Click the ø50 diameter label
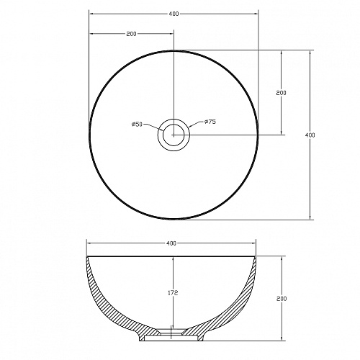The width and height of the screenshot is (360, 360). pyautogui.click(x=137, y=124)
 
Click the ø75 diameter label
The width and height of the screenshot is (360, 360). pyautogui.click(x=210, y=122)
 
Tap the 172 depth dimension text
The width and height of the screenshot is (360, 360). pyautogui.click(x=173, y=293)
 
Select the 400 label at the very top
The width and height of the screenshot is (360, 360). pyautogui.click(x=174, y=14)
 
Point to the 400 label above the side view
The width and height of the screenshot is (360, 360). pyautogui.click(x=171, y=243)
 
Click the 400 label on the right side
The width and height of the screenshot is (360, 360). pyautogui.click(x=310, y=135)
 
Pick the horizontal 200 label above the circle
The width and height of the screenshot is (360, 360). pyautogui.click(x=131, y=34)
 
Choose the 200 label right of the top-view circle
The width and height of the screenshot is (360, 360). pyautogui.click(x=282, y=93)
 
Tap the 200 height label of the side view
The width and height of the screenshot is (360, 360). pyautogui.click(x=282, y=299)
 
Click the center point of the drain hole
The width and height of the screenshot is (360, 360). pyautogui.click(x=174, y=135)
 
